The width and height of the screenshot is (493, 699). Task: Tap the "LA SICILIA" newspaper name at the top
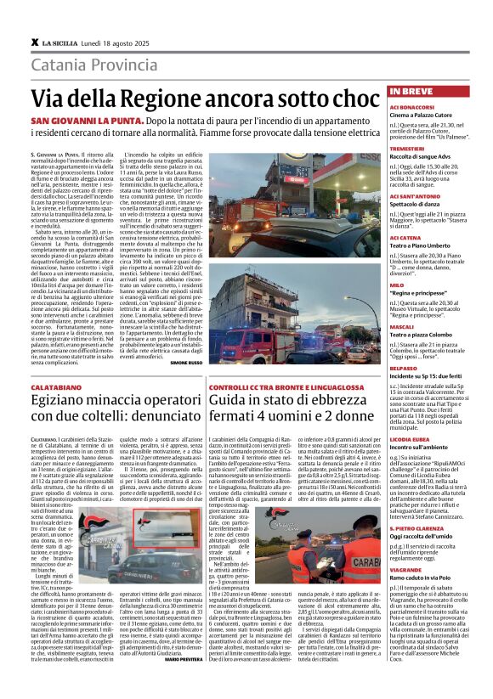(59, 42)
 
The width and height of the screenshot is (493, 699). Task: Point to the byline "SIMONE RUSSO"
(186, 338)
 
